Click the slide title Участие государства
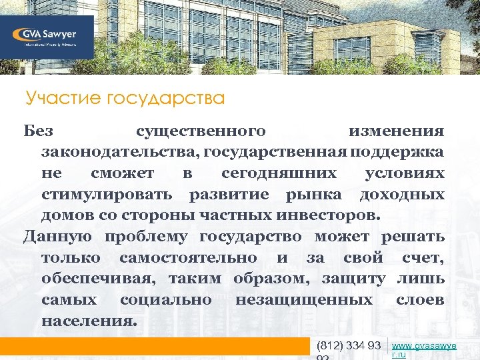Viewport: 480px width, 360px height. coord(125,99)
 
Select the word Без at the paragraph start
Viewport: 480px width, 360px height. coord(37,131)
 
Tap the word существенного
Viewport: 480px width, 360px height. coord(201,131)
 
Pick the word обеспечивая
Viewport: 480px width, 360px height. coord(100,279)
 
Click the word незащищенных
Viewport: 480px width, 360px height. coord(303,300)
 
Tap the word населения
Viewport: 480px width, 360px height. coord(90,321)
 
